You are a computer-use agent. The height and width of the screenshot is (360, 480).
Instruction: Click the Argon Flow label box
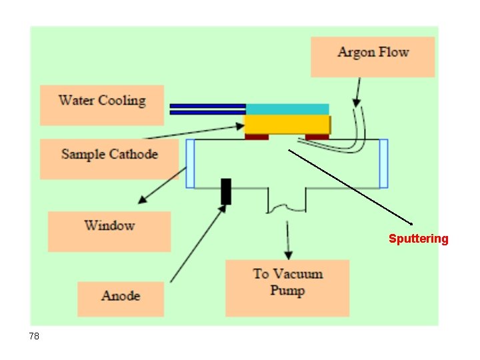coord(372,57)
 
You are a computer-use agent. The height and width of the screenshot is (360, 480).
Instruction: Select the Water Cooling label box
coord(101,105)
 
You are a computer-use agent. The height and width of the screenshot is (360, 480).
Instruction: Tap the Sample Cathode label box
coord(109,159)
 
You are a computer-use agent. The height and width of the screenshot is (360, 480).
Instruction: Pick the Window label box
coord(109,231)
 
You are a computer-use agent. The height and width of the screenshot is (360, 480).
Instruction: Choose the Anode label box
coord(120,299)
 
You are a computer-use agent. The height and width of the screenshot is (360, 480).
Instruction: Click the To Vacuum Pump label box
coord(287,287)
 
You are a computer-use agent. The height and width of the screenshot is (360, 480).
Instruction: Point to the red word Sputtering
coord(419,239)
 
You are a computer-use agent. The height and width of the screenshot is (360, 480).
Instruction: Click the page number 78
coord(34,337)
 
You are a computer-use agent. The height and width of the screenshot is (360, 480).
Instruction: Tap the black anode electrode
coord(226,191)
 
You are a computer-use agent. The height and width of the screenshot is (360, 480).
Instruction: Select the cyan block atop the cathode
coord(287,109)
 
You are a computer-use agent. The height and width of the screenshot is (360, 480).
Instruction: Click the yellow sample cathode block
coord(287,125)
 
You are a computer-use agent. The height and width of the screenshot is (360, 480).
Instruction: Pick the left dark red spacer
coord(257,137)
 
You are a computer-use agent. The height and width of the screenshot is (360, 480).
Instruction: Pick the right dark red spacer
coord(317,137)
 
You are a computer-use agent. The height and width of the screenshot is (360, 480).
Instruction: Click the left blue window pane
coord(190,163)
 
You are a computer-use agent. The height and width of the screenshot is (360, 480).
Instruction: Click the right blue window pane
coord(383,163)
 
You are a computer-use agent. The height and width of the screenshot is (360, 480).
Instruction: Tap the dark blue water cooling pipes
coord(207,109)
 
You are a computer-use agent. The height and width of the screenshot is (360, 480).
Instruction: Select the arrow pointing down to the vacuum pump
coord(288,240)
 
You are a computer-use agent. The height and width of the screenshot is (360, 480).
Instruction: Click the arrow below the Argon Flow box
coord(358,92)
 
